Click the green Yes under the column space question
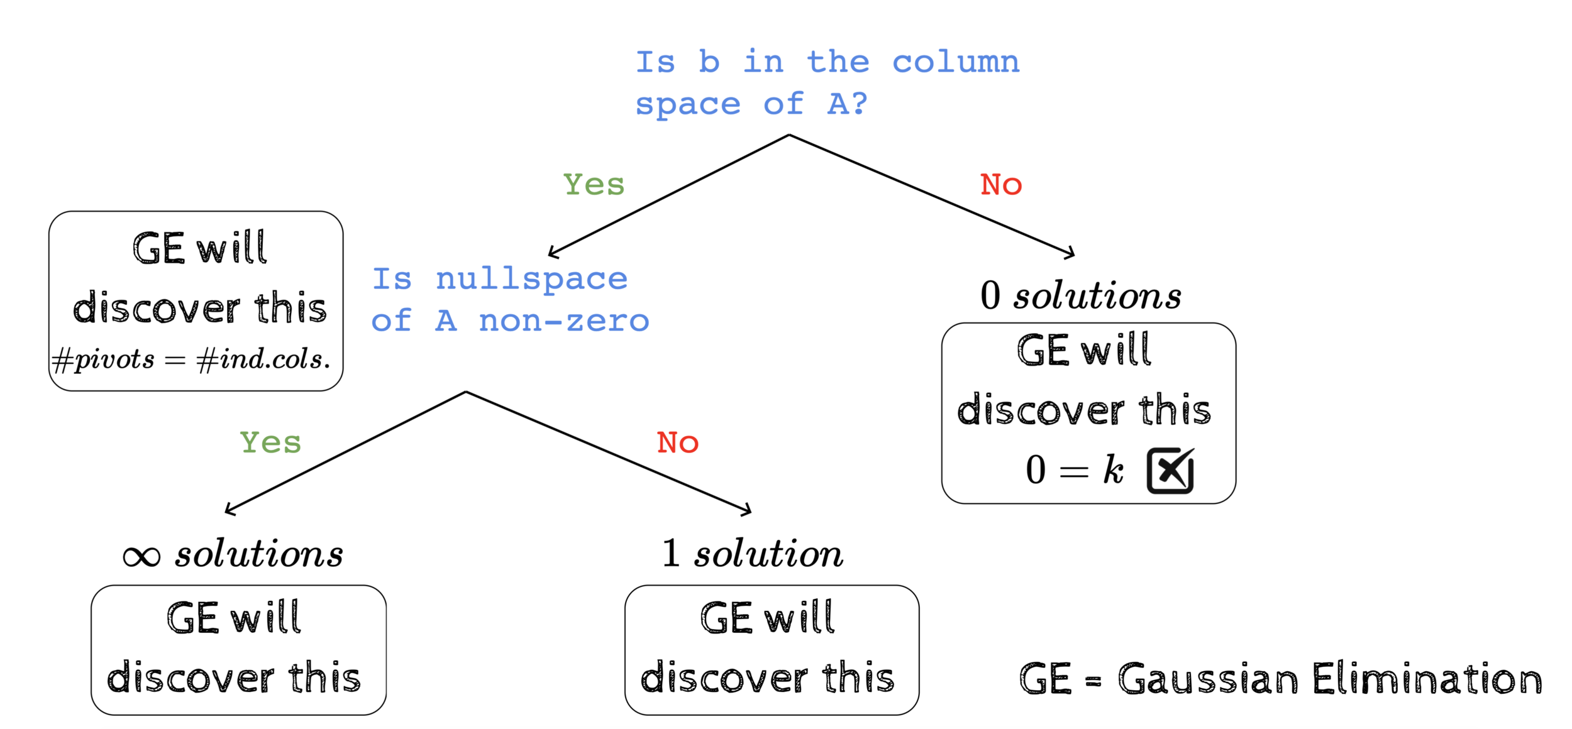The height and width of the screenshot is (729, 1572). (x=594, y=185)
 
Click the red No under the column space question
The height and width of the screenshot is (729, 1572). (x=1001, y=185)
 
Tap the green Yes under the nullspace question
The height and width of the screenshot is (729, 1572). (x=270, y=442)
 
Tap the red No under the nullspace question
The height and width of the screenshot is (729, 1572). (x=677, y=442)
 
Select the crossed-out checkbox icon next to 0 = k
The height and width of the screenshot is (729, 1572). (x=1170, y=471)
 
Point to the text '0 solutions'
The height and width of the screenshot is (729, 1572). (x=1080, y=295)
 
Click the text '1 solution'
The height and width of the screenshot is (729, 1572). (x=752, y=554)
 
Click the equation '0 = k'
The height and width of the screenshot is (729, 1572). (x=1074, y=470)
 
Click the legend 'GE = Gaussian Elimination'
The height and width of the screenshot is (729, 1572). (x=1280, y=679)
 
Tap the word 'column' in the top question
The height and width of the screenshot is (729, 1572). (x=956, y=62)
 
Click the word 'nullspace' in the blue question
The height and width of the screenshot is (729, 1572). (x=531, y=279)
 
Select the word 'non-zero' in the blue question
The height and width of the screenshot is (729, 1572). (x=563, y=321)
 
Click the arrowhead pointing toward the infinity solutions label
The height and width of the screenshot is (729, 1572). (x=230, y=511)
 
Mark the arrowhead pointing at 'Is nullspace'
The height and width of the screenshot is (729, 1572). (x=553, y=253)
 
